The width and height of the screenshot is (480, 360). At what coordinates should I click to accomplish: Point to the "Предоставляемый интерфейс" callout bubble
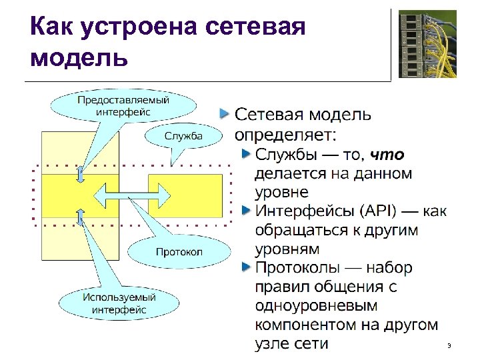coord(123,105)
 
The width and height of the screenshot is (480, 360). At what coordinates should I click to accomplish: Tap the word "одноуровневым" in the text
coord(316,306)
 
